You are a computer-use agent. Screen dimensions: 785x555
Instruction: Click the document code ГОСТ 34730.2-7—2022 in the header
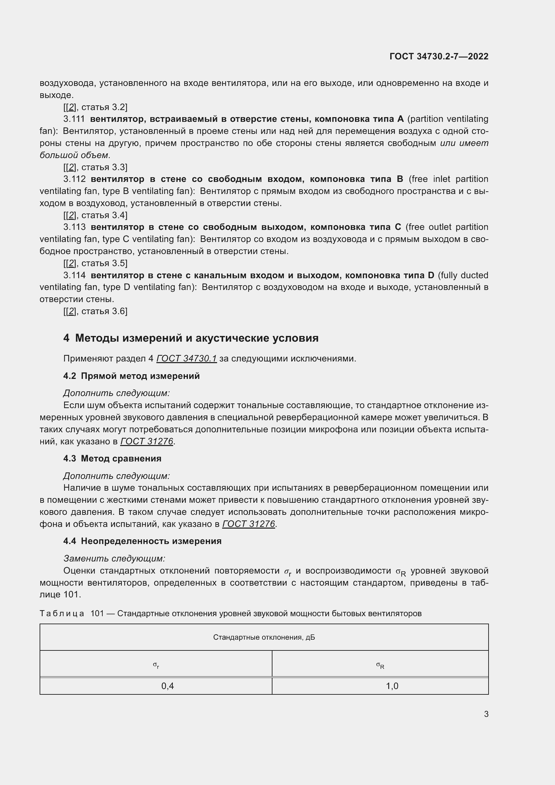439,56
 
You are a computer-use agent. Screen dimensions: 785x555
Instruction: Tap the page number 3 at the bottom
486,714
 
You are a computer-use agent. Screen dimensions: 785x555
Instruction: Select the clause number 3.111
74,119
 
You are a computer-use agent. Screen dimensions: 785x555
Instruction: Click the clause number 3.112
74,179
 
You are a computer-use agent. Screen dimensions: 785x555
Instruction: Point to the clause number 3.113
74,227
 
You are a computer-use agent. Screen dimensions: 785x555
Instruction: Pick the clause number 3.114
74,275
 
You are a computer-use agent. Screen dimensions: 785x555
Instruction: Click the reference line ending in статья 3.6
95,311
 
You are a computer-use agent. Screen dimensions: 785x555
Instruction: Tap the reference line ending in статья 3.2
95,107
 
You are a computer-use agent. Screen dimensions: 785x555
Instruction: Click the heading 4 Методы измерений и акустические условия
191,338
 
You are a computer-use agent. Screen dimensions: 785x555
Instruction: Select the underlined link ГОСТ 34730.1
186,359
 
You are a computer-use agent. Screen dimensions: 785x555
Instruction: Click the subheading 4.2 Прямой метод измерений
132,376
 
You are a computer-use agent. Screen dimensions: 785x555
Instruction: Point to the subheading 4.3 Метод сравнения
112,458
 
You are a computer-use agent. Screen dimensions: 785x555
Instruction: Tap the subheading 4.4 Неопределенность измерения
143,541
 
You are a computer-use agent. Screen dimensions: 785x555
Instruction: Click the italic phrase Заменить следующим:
114,559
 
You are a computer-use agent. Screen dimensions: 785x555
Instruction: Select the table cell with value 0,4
167,686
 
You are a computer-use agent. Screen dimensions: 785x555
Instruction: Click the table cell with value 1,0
392,686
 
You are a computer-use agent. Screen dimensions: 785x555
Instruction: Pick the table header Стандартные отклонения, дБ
264,637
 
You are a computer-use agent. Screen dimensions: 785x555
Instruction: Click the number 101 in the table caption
97,614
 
